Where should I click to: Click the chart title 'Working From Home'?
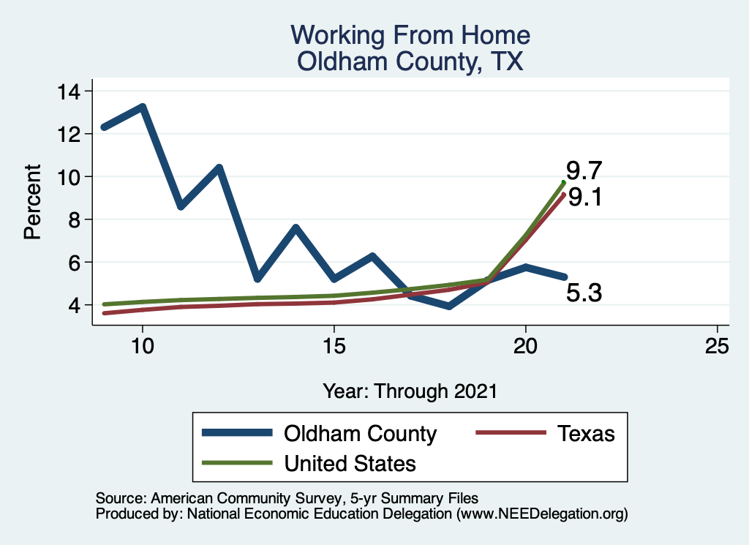tap(410, 35)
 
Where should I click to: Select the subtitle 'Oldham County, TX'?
tap(410, 61)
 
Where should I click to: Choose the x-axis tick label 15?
tap(334, 346)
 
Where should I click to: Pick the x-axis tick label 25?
tap(717, 346)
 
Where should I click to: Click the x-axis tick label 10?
tap(142, 346)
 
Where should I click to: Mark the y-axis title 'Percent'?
tap(32, 202)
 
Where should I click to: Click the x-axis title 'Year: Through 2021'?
tap(410, 391)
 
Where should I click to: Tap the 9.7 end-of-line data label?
tap(584, 171)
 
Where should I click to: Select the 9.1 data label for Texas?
tap(584, 198)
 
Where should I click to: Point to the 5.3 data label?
tap(584, 293)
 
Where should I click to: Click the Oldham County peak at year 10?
tap(142, 107)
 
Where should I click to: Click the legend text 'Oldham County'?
tap(360, 433)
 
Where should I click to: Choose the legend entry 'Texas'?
tap(586, 433)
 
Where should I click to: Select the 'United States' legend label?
tap(350, 463)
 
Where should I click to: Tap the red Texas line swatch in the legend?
tap(511, 433)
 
